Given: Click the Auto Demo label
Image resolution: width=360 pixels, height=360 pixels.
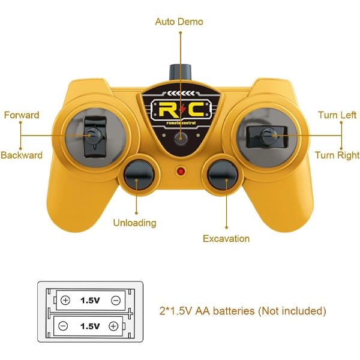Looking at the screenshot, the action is tap(179, 22).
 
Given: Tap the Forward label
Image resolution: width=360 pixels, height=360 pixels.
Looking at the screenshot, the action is tap(22, 115).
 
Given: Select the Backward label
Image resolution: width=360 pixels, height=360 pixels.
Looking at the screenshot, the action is tap(22, 155).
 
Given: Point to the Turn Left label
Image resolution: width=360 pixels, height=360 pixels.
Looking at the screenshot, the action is tap(337, 115).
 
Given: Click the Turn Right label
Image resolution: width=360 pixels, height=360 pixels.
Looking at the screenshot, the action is tap(337, 155).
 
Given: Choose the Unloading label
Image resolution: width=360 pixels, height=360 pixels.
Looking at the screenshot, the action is tap(135, 223).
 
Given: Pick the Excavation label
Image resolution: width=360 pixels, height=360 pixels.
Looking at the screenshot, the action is tap(226, 239).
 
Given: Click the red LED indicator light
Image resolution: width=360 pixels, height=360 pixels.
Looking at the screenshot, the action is tap(181, 172).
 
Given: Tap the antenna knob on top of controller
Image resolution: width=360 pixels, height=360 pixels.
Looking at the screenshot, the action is tap(180, 72).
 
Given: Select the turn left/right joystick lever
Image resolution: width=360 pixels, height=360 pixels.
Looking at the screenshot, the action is tap(267, 136).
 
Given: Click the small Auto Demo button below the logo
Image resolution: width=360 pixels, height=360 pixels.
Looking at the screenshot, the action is tap(181, 139).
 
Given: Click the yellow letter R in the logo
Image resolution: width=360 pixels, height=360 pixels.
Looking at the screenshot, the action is tap(168, 109).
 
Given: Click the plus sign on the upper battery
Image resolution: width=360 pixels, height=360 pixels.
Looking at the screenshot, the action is tap(65, 301).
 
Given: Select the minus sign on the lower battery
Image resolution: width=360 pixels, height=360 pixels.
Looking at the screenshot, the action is tap(63, 326).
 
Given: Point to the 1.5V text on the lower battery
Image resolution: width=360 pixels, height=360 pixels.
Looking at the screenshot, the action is tap(90, 326).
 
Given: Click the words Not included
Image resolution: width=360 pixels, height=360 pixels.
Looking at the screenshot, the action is tap(292, 311).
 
